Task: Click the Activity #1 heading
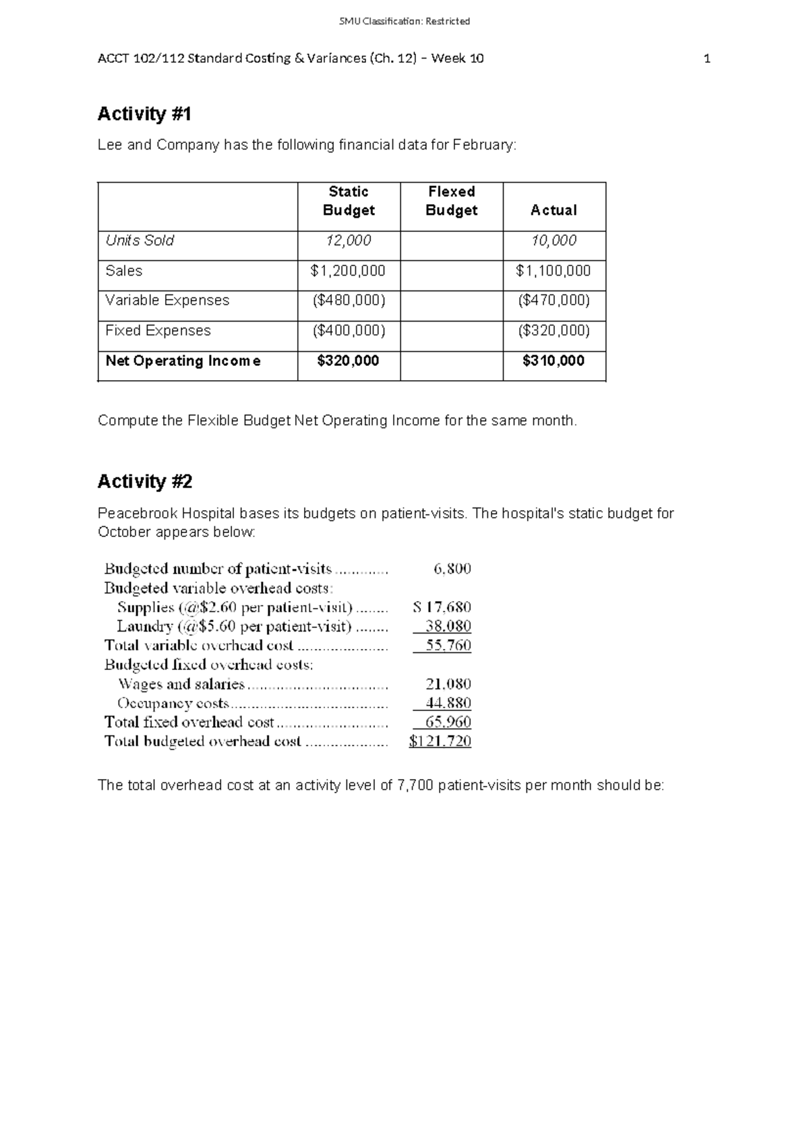pos(144,114)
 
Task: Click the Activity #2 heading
pos(145,481)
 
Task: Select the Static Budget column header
pos(349,201)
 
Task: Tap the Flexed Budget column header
pos(451,201)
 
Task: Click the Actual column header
pos(553,210)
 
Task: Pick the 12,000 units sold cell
pos(349,241)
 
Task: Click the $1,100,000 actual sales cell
pos(553,271)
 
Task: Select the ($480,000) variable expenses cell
pos(349,301)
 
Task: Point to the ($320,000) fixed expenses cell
pos(553,331)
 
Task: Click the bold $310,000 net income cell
pos(553,361)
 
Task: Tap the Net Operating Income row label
pos(183,361)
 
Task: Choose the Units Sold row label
pos(140,241)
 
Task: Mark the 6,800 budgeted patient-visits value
pos(452,569)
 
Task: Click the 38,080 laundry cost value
pos(448,626)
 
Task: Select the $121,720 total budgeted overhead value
pos(440,741)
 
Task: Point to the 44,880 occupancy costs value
pos(448,703)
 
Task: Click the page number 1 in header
pos(707,59)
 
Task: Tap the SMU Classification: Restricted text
pos(404,22)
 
